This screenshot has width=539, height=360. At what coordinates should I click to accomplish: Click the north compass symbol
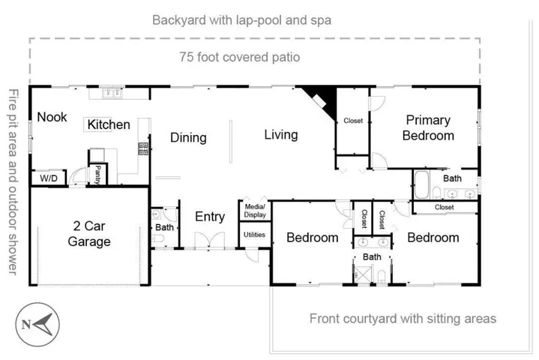click(x=37, y=325)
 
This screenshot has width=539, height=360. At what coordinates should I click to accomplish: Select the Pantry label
click(x=98, y=175)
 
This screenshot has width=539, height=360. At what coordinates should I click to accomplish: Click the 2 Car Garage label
click(x=89, y=233)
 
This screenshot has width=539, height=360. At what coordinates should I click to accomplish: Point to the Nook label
click(x=52, y=117)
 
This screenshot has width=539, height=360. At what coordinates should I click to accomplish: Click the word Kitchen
click(x=109, y=124)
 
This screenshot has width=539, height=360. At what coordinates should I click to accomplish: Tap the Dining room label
click(x=188, y=138)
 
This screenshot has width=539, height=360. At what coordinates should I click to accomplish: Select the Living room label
click(x=280, y=135)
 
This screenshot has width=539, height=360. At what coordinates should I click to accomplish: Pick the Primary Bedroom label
click(x=428, y=127)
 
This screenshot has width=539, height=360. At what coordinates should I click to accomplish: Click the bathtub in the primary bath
click(x=421, y=182)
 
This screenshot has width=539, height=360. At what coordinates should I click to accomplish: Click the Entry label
click(x=210, y=217)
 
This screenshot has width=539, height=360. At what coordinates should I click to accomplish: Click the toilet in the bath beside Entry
click(x=158, y=239)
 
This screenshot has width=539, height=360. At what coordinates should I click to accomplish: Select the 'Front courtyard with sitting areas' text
click(x=403, y=319)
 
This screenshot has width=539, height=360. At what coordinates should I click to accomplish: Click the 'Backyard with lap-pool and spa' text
click(x=241, y=19)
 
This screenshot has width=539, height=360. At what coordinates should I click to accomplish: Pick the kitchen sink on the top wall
click(x=112, y=94)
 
